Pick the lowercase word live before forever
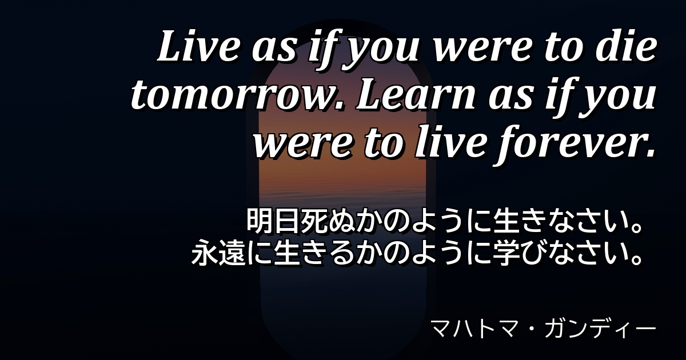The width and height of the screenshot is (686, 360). pyautogui.click(x=451, y=142)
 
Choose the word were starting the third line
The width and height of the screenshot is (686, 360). pyautogui.click(x=302, y=145)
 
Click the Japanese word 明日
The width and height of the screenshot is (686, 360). pyautogui.click(x=273, y=221)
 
